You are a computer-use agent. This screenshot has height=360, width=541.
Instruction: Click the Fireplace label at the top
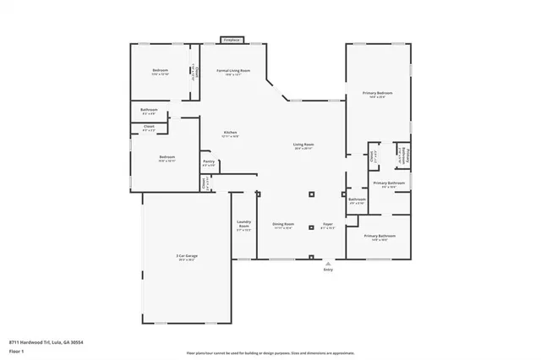230,39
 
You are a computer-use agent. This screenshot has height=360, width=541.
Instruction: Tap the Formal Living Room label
233,71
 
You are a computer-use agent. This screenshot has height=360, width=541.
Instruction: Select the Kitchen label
229,134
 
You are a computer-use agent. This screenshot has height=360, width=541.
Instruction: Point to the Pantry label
208,162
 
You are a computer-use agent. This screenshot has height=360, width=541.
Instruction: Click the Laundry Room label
243,226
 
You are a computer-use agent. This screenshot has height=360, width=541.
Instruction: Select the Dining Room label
282,225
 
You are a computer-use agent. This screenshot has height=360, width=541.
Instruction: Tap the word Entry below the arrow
328,270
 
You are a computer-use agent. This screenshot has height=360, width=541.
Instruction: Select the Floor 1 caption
17,350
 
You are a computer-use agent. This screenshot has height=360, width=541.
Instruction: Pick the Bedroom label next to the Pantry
167,158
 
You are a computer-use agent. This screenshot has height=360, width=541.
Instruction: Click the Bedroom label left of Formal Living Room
161,71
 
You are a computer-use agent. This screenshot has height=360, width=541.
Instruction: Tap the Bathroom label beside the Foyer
357,200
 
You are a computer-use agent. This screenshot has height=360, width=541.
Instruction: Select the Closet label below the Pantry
204,182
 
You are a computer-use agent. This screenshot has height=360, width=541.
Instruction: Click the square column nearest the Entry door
312,257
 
